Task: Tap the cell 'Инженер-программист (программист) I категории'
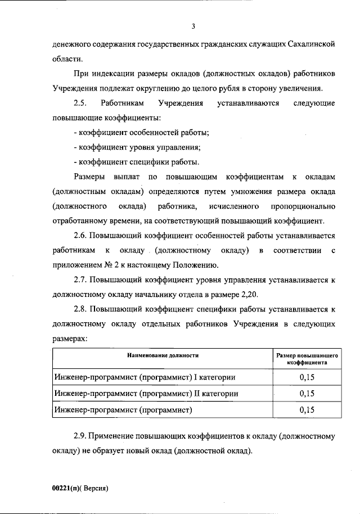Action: [x=144, y=377]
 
